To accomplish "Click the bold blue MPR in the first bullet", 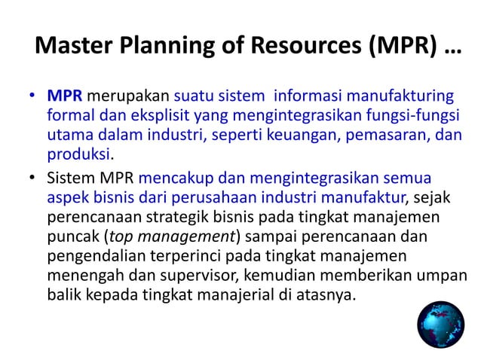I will click(64, 96).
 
